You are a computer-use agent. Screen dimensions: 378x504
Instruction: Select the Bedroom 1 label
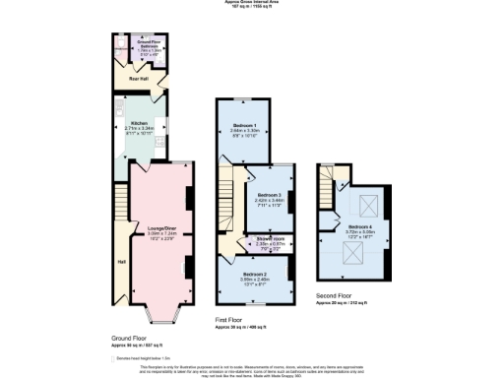point(245,126)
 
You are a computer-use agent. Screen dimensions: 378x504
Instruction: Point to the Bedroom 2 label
point(254,274)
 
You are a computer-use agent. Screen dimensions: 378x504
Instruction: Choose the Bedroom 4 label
point(358,226)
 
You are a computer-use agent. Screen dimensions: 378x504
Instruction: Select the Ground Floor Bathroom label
point(148,44)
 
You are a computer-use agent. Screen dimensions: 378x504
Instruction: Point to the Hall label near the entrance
point(121,262)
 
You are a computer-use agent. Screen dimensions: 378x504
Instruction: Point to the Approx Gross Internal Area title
point(252,3)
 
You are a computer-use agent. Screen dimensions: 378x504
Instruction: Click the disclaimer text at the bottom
point(252,370)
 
